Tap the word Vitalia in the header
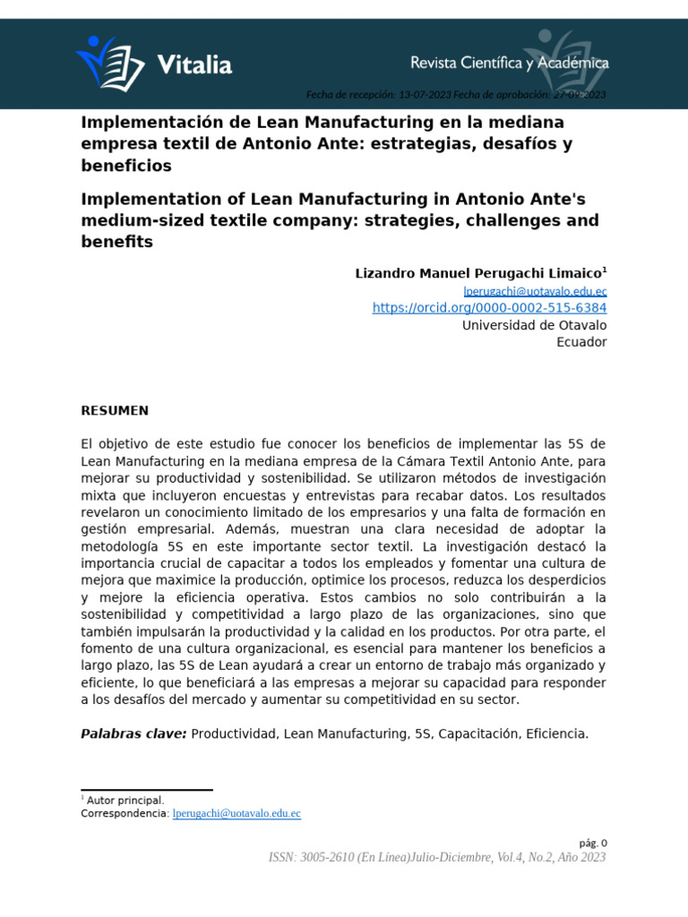[x=193, y=64]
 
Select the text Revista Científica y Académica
[x=509, y=63]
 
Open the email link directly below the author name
[x=535, y=291]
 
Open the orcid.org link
[x=489, y=308]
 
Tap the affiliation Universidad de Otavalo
[x=534, y=325]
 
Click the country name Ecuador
[x=581, y=342]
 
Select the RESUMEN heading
[x=115, y=410]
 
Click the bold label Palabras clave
[x=133, y=733]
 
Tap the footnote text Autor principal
[x=125, y=800]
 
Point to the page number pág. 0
[x=592, y=843]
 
